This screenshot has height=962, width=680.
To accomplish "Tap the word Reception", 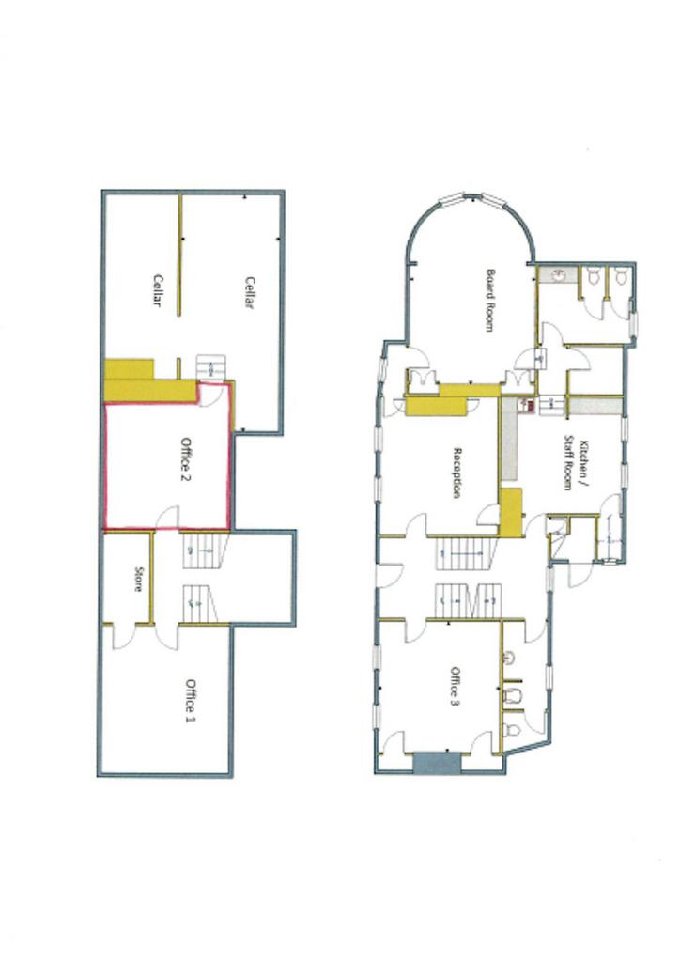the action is (x=456, y=473).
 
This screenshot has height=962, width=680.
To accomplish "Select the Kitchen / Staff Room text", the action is (x=575, y=464).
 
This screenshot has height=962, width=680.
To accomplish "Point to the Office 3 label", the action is (x=455, y=687).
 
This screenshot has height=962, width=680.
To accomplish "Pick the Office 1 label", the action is (x=191, y=699).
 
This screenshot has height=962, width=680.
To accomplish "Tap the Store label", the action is (x=137, y=579).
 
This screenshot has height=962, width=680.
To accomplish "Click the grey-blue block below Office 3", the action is (x=437, y=763).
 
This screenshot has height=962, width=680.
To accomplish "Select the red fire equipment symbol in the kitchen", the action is (x=524, y=405).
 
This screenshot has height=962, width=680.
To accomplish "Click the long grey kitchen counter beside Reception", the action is (x=508, y=438).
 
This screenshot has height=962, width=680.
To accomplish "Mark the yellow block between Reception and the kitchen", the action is (x=511, y=513).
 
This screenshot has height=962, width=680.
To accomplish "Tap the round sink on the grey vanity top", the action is (x=559, y=275).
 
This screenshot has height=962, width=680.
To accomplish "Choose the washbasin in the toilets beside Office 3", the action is (x=509, y=659).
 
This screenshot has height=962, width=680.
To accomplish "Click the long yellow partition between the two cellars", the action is (x=179, y=255).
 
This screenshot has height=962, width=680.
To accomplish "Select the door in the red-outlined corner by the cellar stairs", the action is (x=209, y=395).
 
